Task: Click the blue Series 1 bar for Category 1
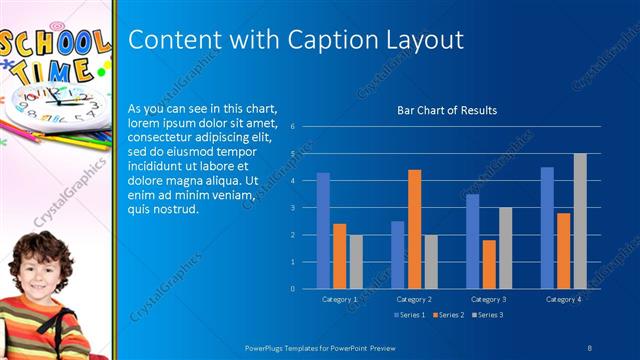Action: point(323,231)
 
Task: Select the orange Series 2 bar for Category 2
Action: point(414,229)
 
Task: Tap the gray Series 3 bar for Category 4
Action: point(580,221)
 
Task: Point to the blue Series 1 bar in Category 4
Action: point(547,228)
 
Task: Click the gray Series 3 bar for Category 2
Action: point(430,262)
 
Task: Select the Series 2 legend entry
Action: point(448,315)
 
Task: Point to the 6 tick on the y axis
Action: point(291,127)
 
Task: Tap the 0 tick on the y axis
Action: point(291,289)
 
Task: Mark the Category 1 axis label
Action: point(339,299)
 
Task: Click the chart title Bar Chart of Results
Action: point(447,110)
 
